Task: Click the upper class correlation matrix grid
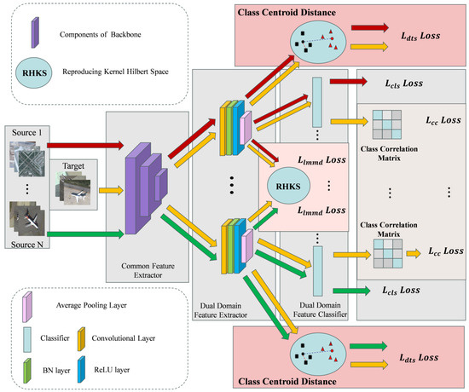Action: pyautogui.click(x=386, y=124)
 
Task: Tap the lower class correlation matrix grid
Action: pyautogui.click(x=386, y=253)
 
